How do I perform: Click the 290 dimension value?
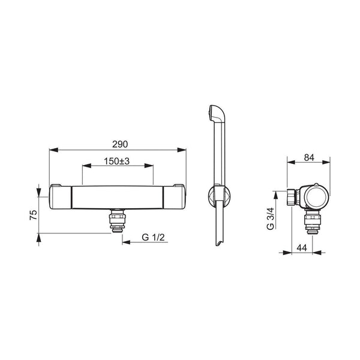120,144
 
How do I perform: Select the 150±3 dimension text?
116,161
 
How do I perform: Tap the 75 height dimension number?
34,215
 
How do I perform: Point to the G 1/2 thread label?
153,237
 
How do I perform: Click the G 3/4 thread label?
271,218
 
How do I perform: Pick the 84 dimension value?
309,157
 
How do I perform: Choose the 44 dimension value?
302,248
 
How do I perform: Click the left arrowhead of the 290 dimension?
53,150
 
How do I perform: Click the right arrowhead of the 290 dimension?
182,150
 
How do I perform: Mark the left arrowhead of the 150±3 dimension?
86,166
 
